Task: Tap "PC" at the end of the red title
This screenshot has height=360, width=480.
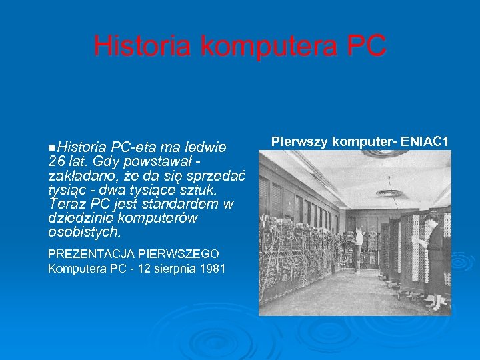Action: (x=366, y=47)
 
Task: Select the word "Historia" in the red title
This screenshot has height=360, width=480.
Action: (x=143, y=47)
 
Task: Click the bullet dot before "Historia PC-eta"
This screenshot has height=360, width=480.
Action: (x=51, y=147)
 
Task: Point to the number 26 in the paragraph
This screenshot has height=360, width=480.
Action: (x=57, y=161)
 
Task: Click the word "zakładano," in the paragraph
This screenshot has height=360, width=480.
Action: (x=79, y=175)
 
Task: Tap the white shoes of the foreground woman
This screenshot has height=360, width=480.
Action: (x=435, y=307)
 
